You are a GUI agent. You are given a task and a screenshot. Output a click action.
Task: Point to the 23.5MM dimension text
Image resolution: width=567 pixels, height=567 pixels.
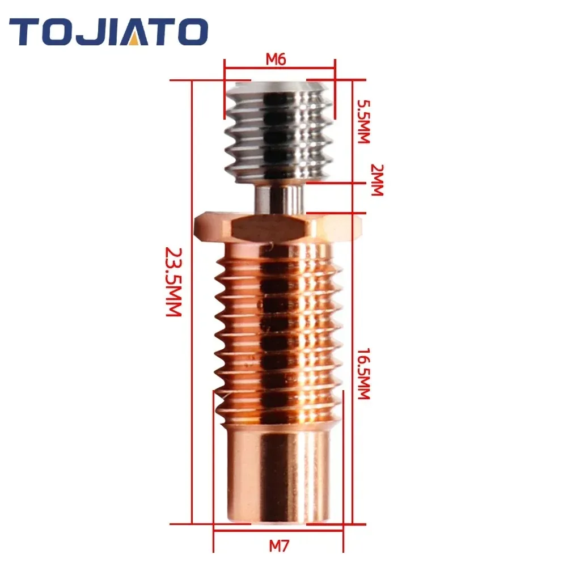pyautogui.click(x=173, y=282)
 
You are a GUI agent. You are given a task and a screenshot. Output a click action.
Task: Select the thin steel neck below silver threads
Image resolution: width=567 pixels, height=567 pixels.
pyautogui.click(x=278, y=198)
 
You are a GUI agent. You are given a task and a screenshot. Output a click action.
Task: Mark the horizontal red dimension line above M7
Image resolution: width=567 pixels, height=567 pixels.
pyautogui.click(x=278, y=531)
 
